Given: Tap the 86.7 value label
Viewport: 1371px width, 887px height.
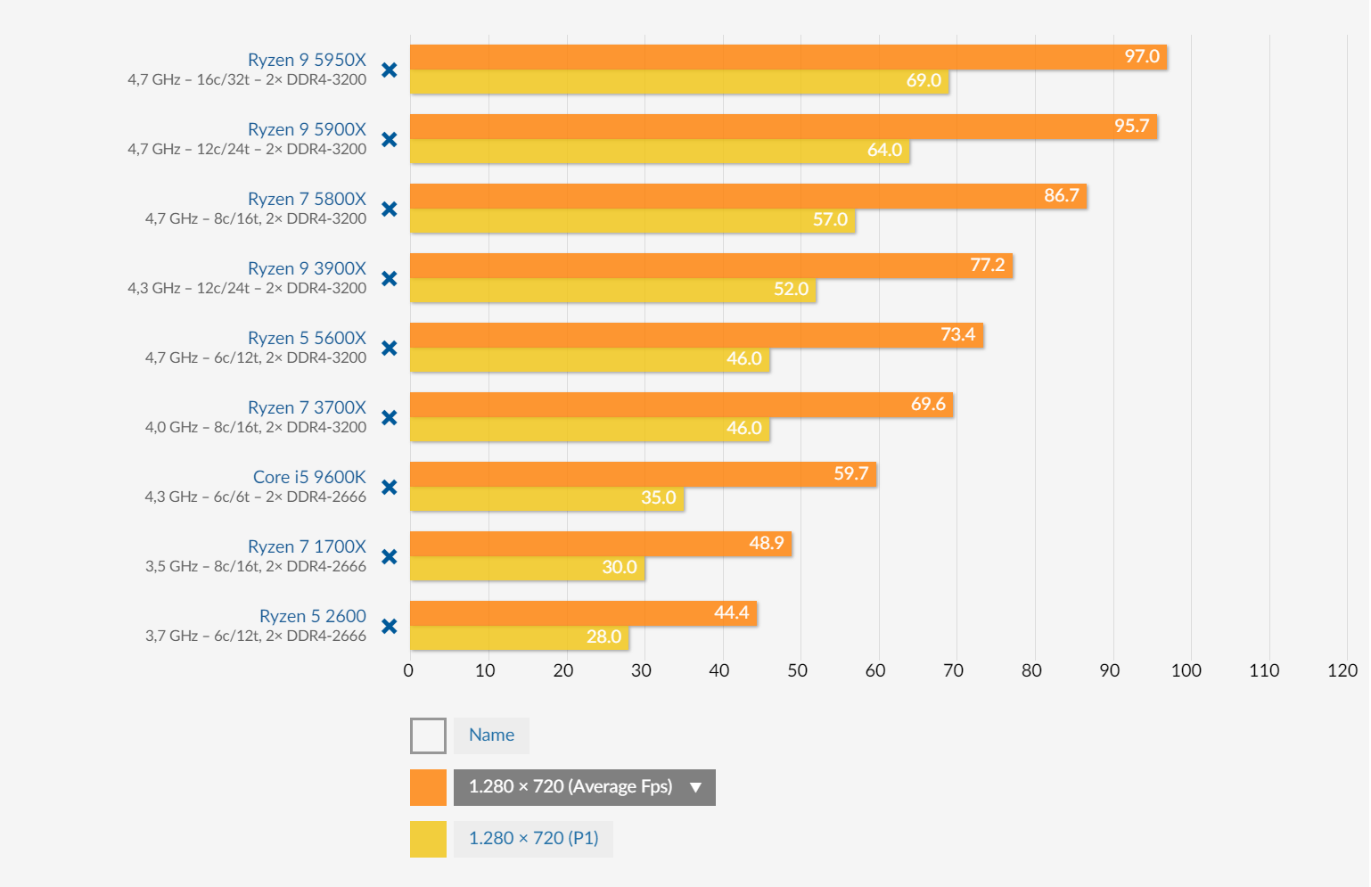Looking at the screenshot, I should pos(1061,195).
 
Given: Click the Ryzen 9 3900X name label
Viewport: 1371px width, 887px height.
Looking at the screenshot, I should pos(307,268).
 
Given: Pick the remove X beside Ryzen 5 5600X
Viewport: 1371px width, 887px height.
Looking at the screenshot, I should pos(390,348).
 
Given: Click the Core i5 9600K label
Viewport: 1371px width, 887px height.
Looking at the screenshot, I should pos(309,477).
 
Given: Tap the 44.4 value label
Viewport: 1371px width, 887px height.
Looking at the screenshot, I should pos(731,612).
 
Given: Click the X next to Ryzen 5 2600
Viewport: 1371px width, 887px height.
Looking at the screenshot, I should pos(390,626).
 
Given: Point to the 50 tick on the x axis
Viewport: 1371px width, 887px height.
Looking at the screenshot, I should pos(797,670).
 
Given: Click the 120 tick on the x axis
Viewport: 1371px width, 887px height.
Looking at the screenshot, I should pos(1342,670).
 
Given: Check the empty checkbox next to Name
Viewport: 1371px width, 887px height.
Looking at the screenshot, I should pos(428,735).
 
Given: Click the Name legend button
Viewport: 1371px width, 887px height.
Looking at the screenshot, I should pos(491,735).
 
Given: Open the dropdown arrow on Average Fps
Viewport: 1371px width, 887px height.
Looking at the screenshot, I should pos(695,787).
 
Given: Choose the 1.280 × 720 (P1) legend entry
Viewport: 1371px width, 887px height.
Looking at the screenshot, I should pos(533,839).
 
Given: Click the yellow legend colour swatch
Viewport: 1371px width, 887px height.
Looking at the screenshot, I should pos(428,839).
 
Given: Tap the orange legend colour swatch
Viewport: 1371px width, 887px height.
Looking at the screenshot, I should pos(428,787).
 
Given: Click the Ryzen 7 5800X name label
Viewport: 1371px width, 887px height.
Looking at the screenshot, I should pos(307,199).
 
